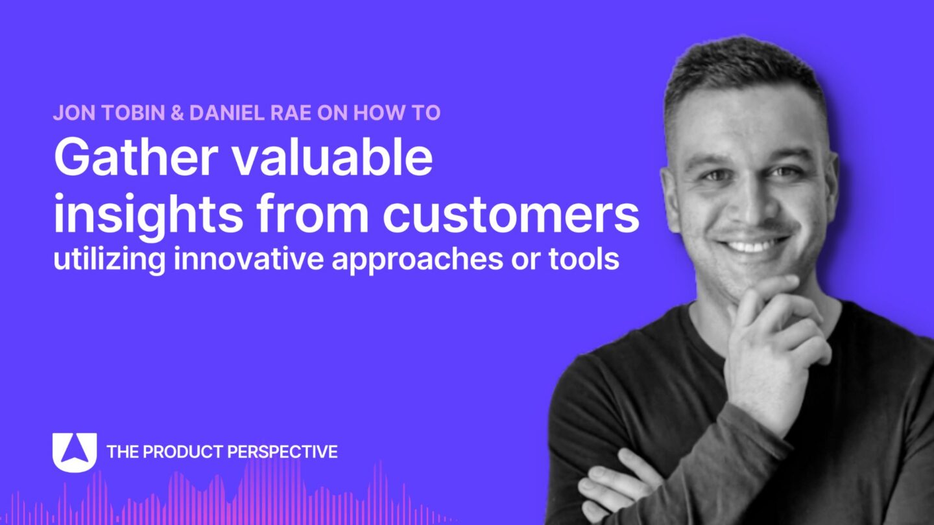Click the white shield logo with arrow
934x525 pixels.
point(75,452)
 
